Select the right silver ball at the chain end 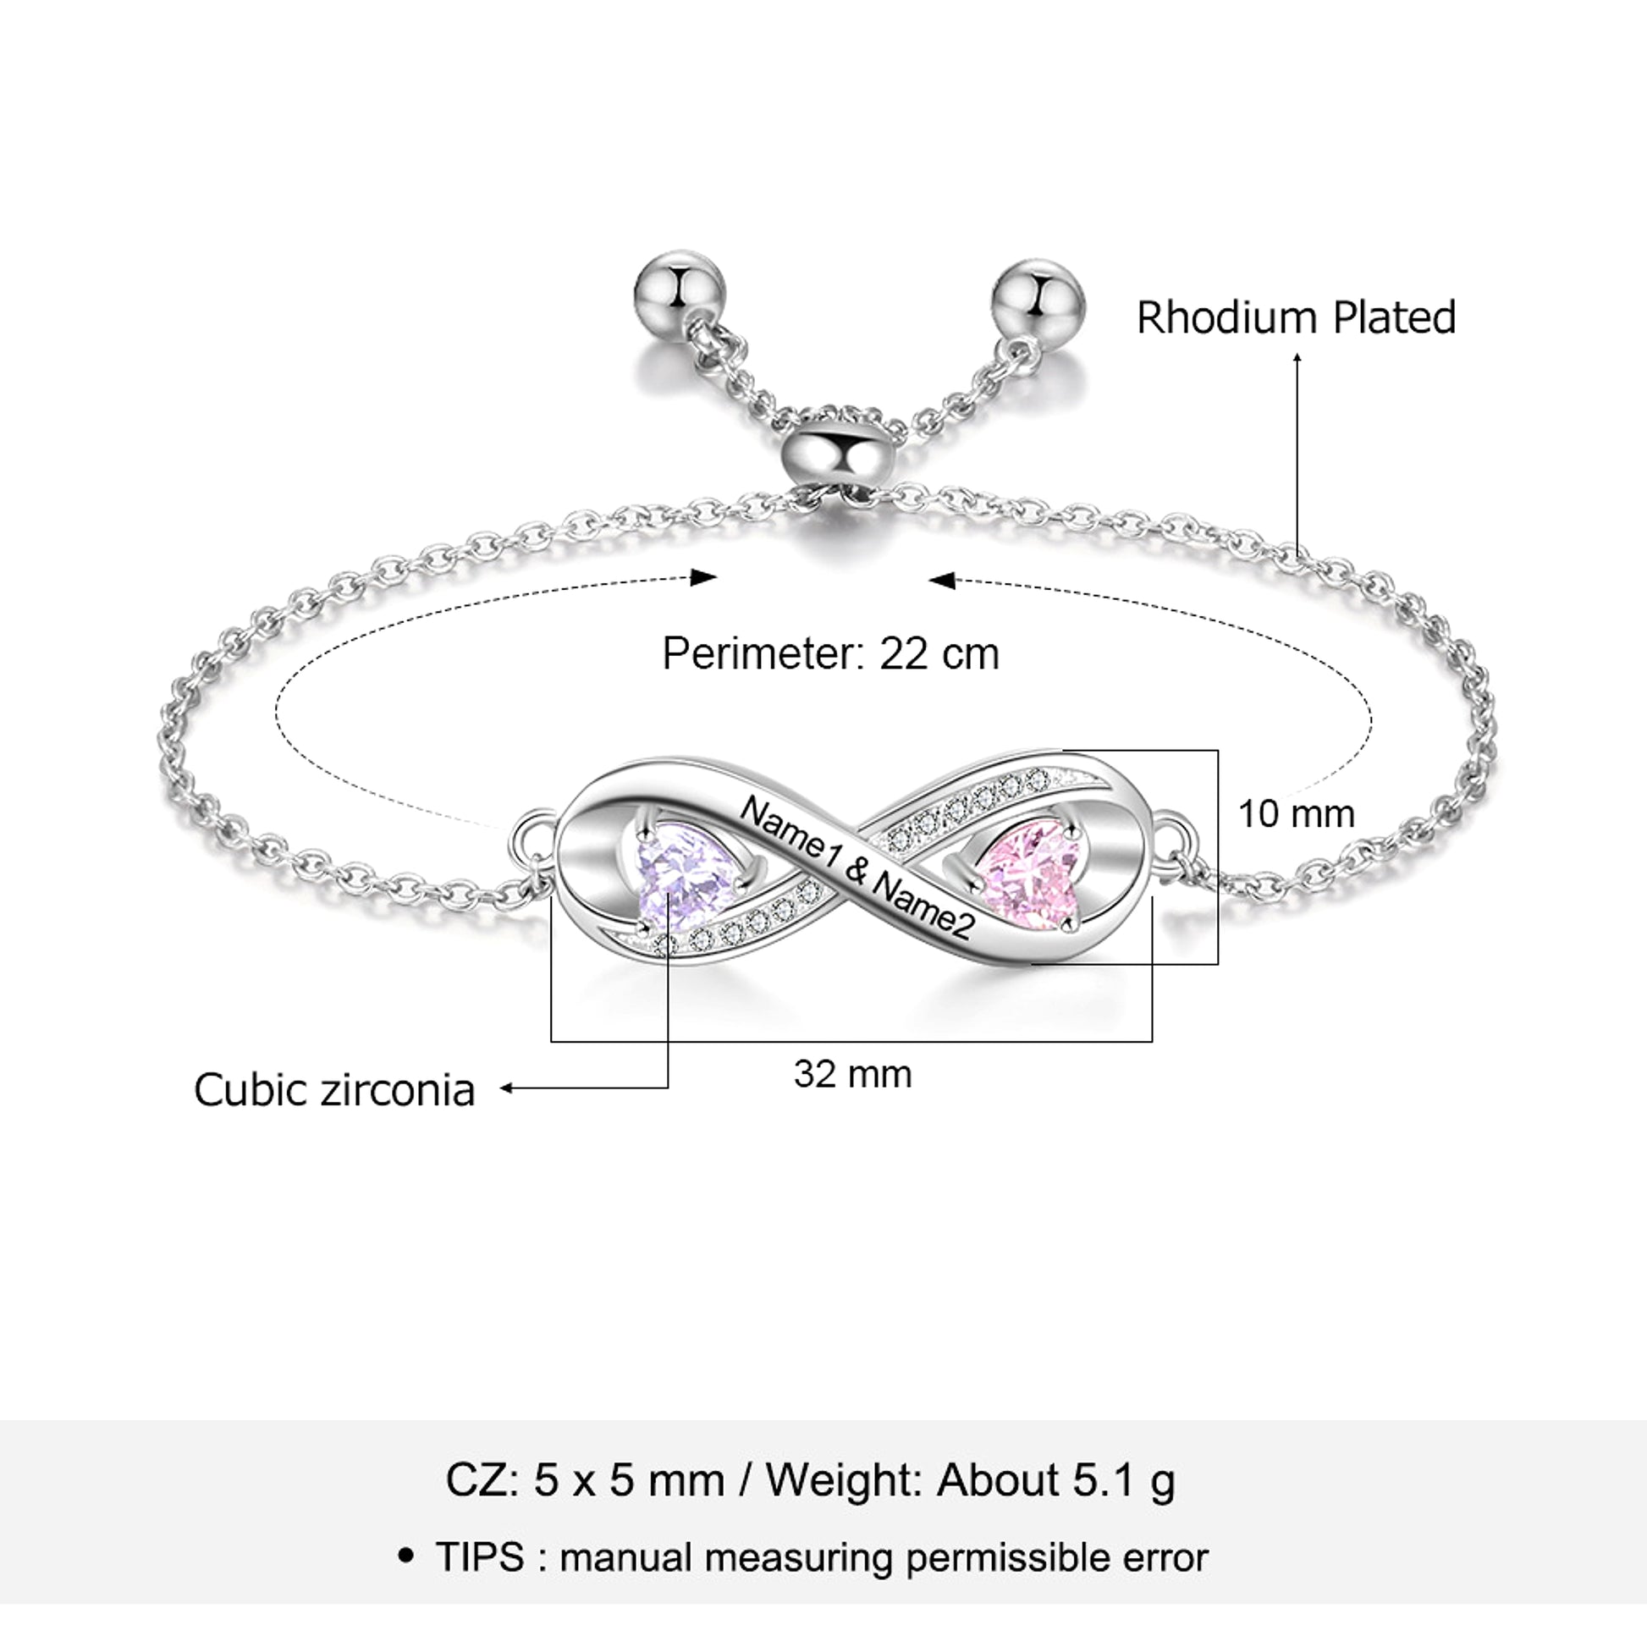coord(1038,303)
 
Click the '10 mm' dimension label coord(1296,814)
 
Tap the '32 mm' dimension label coord(852,1074)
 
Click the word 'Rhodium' coord(1227,317)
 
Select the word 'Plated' coord(1395,317)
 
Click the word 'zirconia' coord(397,1090)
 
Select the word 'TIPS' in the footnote coord(480,1557)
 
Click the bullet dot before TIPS coord(406,1556)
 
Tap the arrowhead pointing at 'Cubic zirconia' coord(505,1088)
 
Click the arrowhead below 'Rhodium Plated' coord(1297,358)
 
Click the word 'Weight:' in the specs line coord(845,1481)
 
